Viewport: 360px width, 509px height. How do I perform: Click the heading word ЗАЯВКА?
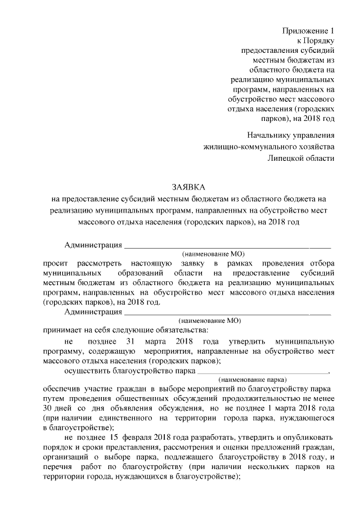point(189,186)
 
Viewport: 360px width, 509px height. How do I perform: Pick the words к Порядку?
point(316,40)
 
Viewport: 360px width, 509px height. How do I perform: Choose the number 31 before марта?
point(130,341)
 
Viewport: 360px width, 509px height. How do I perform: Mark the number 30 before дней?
point(48,408)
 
